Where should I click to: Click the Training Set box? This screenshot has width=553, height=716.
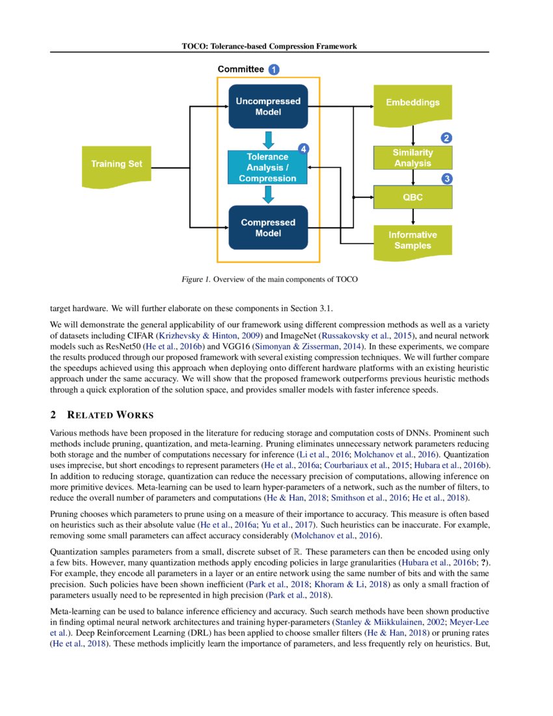[x=116, y=164]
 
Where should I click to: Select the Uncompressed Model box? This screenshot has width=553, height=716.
[x=268, y=107]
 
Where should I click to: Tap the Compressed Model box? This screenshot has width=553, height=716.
[x=268, y=228]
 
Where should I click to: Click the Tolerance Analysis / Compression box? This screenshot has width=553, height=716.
[x=267, y=167]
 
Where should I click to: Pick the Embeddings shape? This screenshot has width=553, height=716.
[x=412, y=103]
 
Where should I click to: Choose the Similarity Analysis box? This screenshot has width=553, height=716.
[x=412, y=158]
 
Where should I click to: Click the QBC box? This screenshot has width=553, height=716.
[x=412, y=197]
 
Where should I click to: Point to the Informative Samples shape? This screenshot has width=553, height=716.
[x=412, y=240]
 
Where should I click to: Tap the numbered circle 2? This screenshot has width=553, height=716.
[x=446, y=138]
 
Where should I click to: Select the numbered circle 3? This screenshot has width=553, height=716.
[x=446, y=178]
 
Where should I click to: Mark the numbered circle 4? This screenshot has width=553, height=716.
[x=303, y=148]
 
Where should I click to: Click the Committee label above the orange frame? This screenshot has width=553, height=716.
[x=241, y=69]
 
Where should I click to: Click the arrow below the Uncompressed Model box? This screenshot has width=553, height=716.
[x=268, y=140]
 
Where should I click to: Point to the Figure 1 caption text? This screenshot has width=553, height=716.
[x=269, y=279]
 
